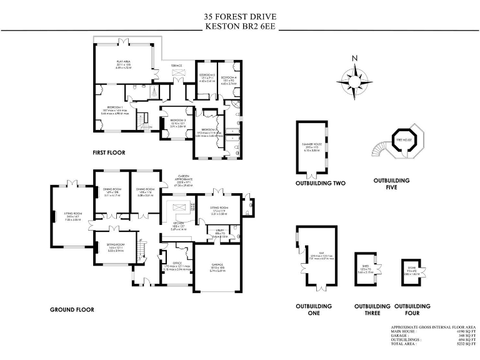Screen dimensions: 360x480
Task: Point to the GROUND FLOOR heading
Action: pos(72,309)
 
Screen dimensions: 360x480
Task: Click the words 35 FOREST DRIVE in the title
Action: pos(239,16)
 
